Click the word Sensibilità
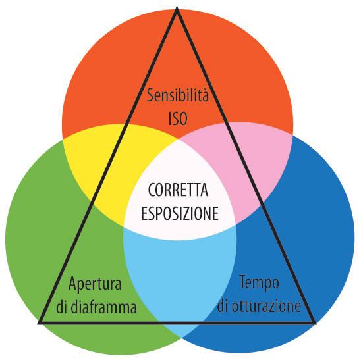coord(178,95)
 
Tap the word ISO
coord(178,118)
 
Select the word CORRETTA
coord(178,190)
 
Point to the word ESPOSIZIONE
coord(180,213)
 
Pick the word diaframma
coord(103,307)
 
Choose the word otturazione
coord(266,306)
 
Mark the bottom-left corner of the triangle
coord(39,323)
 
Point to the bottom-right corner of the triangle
coord(315,323)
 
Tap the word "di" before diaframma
coord(62,307)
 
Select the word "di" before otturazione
coord(223,306)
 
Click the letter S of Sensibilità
coord(150,95)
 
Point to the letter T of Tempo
coord(244,282)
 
